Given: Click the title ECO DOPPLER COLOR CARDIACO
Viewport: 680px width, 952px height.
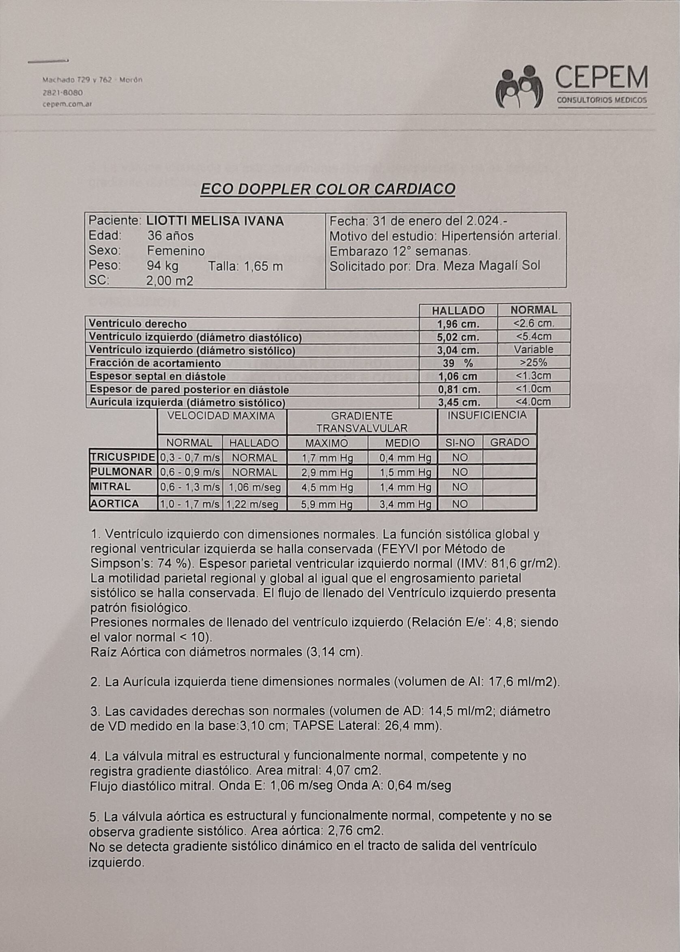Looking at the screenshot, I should click(328, 190).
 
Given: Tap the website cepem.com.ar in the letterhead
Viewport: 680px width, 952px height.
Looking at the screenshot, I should click(67, 105).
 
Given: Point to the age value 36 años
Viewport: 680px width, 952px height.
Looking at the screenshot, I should click(170, 236).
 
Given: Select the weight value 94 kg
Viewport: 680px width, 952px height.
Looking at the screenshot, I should click(162, 266).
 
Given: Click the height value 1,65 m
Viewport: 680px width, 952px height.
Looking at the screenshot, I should click(263, 266).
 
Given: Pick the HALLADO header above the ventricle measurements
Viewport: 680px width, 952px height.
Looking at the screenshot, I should click(458, 310).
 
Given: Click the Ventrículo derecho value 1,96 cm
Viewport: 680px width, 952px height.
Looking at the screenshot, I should click(458, 324).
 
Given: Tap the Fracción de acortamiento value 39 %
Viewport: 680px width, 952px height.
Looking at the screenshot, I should click(458, 363).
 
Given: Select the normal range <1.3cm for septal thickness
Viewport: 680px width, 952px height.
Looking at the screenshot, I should click(533, 376).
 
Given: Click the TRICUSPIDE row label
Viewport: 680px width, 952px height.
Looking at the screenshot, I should click(123, 457).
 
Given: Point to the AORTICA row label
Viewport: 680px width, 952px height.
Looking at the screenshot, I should click(115, 504).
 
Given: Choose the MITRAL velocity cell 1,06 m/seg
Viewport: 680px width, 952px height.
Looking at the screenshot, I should click(254, 487).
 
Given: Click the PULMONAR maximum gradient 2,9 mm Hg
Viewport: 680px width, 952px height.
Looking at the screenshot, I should click(327, 472).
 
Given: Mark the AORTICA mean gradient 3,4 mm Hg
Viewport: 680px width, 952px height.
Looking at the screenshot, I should click(405, 504).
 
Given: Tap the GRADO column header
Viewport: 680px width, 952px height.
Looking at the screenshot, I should click(509, 442).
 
